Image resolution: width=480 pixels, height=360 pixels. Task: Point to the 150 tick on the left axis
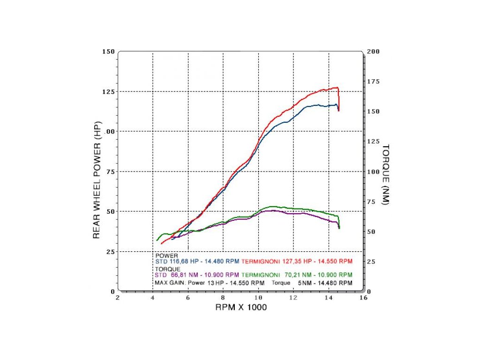(108, 51)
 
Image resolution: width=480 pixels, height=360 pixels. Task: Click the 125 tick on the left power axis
(108, 91)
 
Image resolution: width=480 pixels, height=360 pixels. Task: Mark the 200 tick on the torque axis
(374, 51)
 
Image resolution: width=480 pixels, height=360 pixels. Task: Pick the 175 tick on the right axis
(374, 82)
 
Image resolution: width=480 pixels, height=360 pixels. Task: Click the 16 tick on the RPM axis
(363, 297)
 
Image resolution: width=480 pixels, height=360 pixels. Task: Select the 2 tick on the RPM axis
(118, 297)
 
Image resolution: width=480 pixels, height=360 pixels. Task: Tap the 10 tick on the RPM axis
(258, 297)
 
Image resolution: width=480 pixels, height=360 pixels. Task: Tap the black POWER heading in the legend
(164, 255)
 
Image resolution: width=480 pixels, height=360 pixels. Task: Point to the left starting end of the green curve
(157, 240)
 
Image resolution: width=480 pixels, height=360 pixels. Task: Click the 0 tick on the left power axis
(112, 291)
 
